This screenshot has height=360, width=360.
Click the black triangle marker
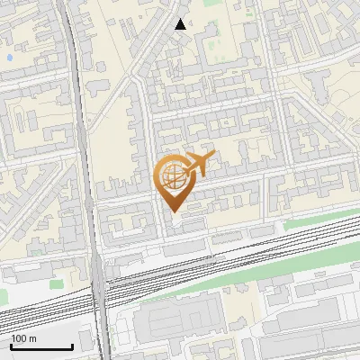click(181, 24)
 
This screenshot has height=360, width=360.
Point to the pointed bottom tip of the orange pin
click(175, 211)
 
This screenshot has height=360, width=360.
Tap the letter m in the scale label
click(32, 338)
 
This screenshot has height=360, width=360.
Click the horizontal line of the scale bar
click(40, 347)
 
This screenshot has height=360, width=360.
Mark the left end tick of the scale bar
click(11, 345)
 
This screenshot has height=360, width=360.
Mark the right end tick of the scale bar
click(72, 345)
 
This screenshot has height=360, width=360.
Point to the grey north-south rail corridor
click(79, 108)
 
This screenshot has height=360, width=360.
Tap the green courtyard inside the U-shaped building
click(212, 43)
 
